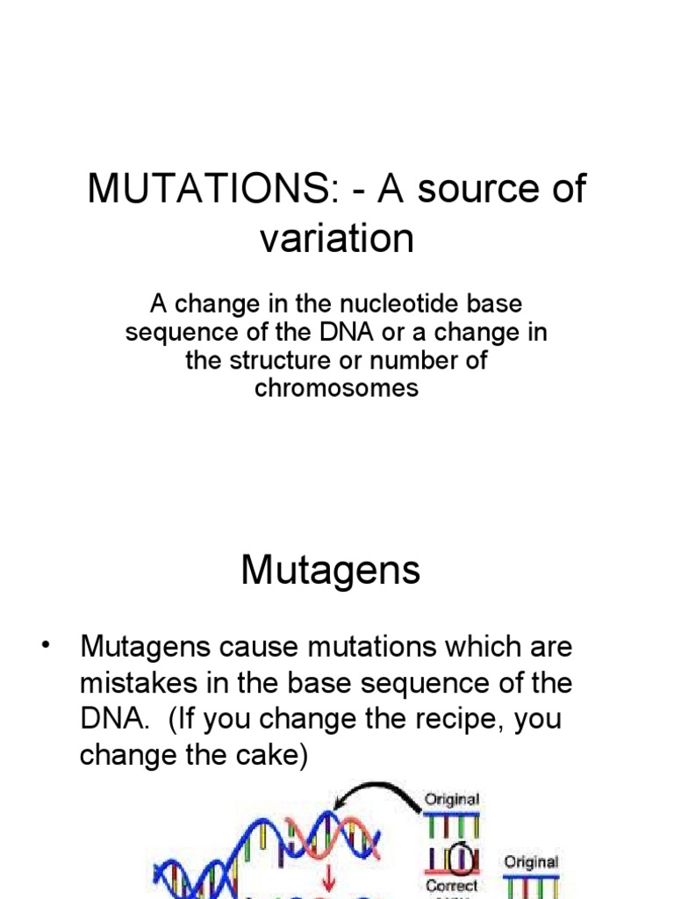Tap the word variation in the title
pos(336,238)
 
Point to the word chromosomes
pos(336,387)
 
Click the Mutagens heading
pos(331,572)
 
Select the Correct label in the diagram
pos(452,886)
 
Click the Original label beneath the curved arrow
pos(452,799)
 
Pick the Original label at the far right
pos(531,862)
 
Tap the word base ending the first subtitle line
pos(496,305)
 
